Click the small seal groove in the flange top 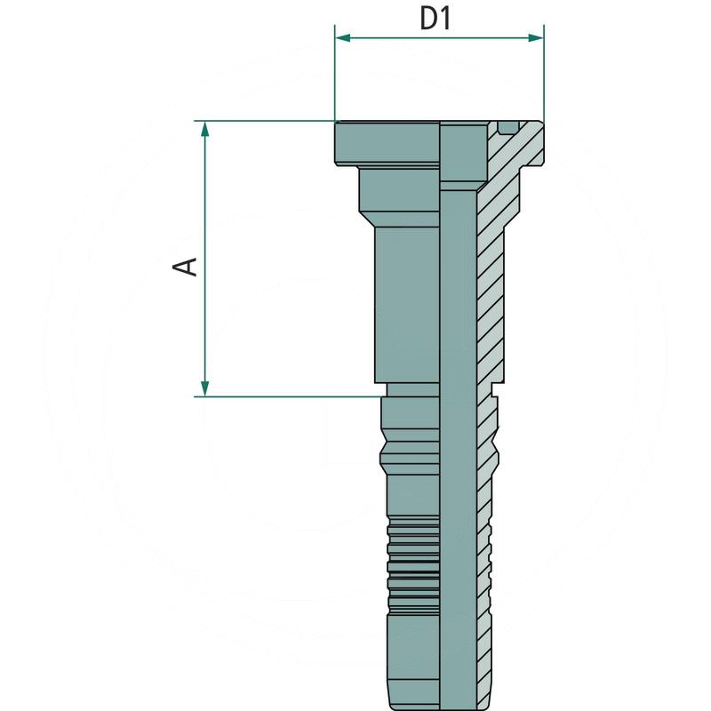point(507,126)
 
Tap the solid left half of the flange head point(387,142)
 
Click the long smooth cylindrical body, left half point(407,302)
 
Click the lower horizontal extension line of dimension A point(284,396)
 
